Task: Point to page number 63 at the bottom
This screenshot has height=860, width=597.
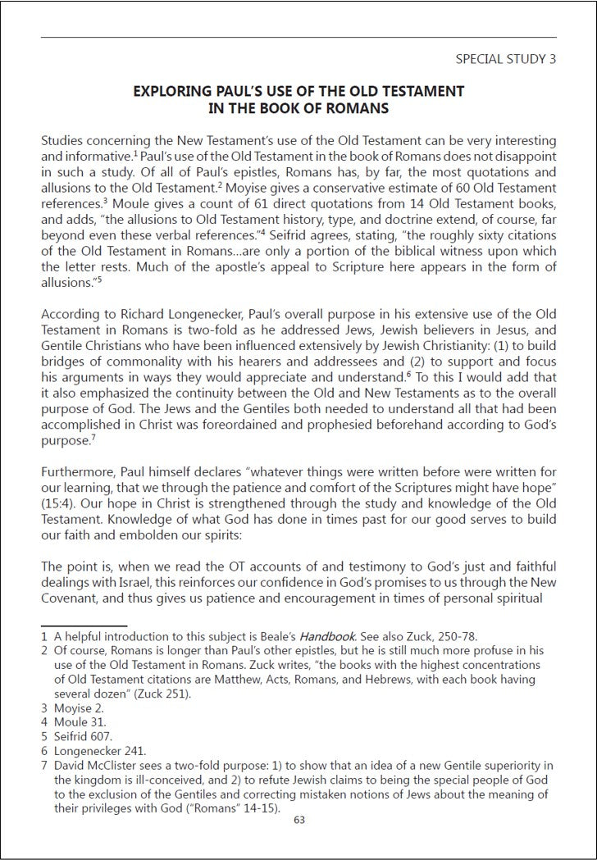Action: click(x=298, y=818)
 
